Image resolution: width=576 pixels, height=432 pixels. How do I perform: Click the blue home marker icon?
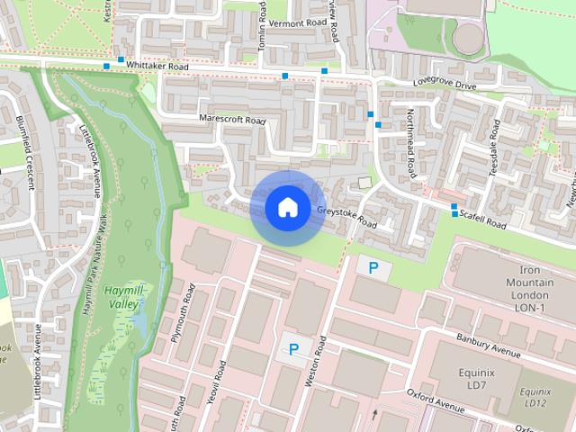287,207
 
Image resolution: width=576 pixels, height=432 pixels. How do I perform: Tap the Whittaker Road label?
157,67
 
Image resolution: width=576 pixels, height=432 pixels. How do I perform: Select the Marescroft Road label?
232,120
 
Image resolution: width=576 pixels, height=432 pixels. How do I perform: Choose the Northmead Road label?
409,142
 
